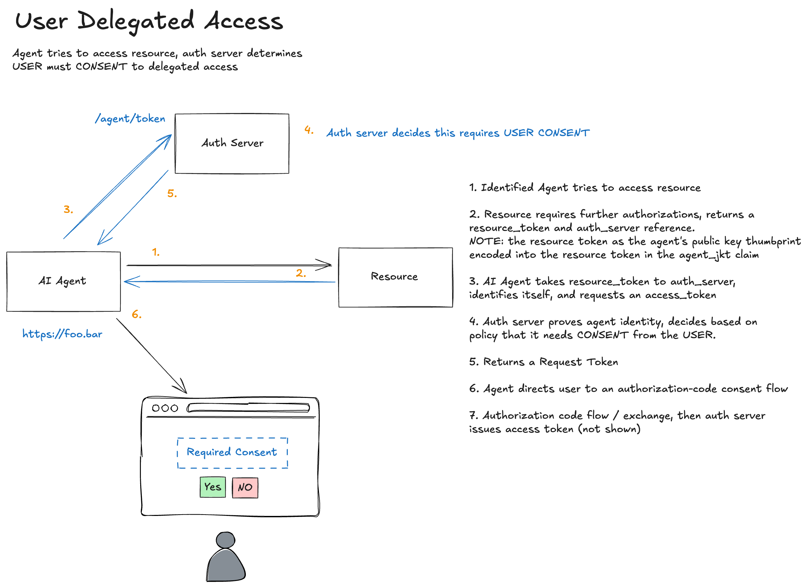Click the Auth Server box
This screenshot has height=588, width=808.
tap(232, 143)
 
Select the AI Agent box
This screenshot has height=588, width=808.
tap(63, 281)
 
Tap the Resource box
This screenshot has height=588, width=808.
tap(395, 277)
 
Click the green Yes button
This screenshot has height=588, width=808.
tap(213, 487)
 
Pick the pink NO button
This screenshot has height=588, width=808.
tap(245, 487)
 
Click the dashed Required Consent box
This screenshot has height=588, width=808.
tap(232, 453)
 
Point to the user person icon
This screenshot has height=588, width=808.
tap(225, 557)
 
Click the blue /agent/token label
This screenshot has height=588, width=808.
tap(130, 119)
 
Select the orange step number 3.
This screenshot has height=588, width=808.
tap(68, 210)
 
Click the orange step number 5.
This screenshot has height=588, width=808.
tap(172, 194)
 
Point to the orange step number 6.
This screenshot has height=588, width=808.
tap(137, 314)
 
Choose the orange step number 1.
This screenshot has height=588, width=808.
tap(156, 252)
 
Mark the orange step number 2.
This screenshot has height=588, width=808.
tap(301, 273)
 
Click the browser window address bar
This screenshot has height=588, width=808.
tap(248, 407)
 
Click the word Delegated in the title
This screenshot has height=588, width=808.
tap(136, 21)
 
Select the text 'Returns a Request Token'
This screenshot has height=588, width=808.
tap(550, 362)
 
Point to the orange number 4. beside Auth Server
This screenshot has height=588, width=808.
tap(309, 130)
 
